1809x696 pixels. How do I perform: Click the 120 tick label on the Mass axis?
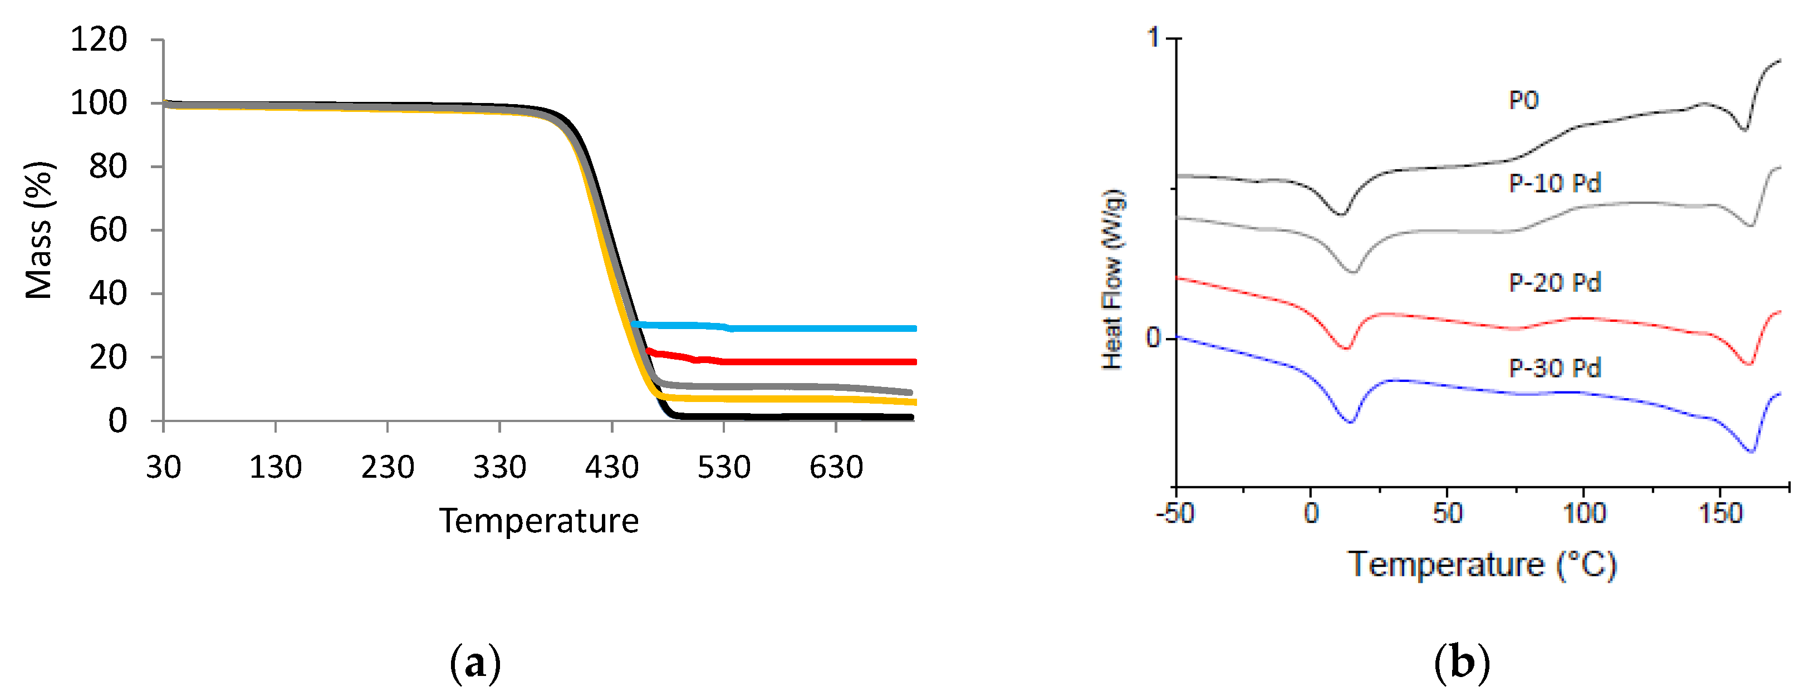tap(99, 40)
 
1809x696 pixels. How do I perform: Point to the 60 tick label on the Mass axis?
tap(107, 231)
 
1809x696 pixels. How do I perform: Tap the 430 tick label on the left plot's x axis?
tap(612, 468)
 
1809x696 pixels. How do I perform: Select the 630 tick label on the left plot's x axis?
tap(836, 468)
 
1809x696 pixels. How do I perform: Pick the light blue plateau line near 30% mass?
tap(807, 328)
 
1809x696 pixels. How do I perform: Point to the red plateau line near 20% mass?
tap(807, 362)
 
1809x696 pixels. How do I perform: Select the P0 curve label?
tap(1523, 100)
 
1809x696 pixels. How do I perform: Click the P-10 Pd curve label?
tap(1555, 183)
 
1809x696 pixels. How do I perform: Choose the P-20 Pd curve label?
tap(1555, 283)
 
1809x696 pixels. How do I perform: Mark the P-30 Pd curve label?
tap(1555, 368)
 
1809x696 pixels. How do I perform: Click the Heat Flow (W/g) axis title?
tap(1112, 280)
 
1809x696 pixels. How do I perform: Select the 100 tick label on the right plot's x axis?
tap(1584, 514)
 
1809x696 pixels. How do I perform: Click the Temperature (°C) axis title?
tap(1482, 565)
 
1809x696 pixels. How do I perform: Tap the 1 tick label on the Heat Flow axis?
tap(1153, 37)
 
